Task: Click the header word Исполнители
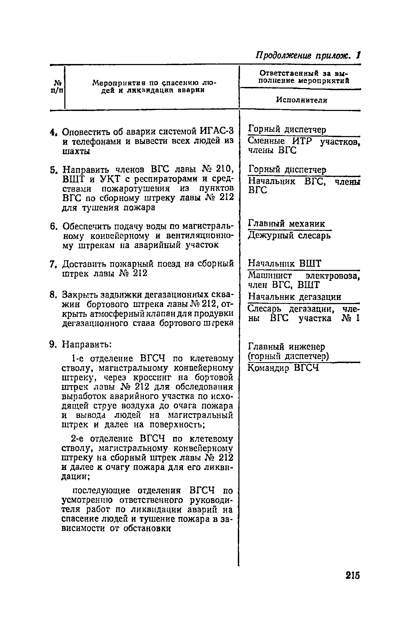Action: tap(301, 100)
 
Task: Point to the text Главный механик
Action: tap(287, 224)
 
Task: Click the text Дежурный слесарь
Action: tap(289, 236)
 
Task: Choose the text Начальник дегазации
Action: tap(295, 297)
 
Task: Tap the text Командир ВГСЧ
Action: tap(283, 368)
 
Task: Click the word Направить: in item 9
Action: tap(87, 345)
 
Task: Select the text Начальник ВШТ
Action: tap(285, 264)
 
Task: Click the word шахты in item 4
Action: tap(76, 151)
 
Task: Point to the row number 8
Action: tap(53, 295)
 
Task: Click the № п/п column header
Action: tap(57, 86)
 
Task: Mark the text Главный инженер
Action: tap(287, 347)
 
